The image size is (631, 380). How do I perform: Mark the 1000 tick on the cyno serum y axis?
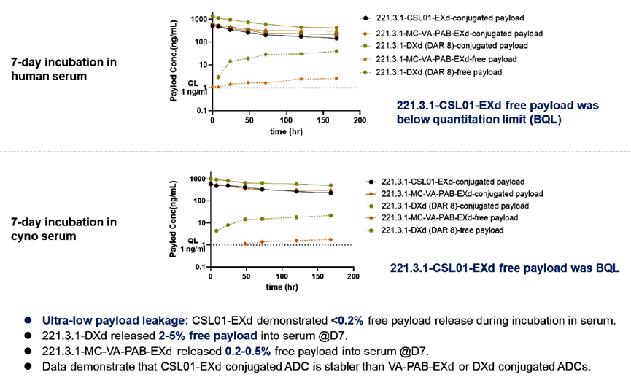198,179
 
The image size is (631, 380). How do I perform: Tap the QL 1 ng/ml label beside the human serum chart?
193,87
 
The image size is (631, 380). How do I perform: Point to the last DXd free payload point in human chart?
336,51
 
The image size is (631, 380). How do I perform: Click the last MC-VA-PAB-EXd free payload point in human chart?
336,78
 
